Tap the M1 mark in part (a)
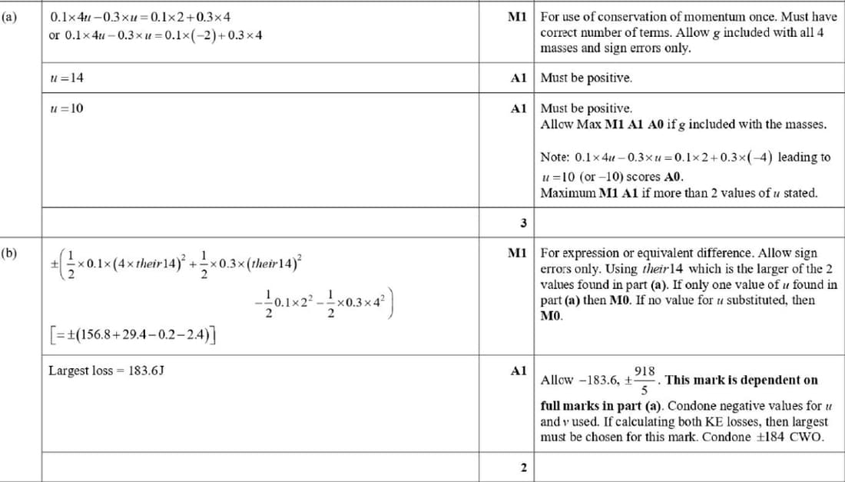[517, 16]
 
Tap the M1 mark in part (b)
[517, 252]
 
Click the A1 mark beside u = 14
[518, 78]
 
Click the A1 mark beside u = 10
[518, 108]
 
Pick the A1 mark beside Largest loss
[518, 371]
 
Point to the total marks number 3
[522, 224]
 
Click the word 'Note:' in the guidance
[555, 158]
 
